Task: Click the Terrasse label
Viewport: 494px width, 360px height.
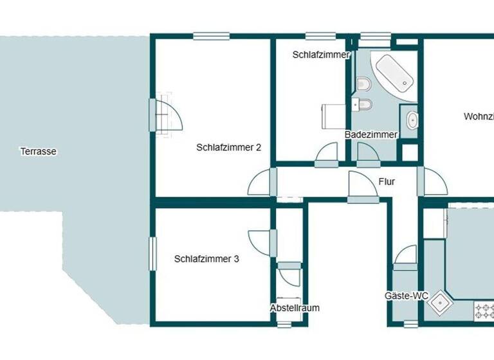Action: (39, 152)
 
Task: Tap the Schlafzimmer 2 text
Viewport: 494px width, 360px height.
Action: (228, 147)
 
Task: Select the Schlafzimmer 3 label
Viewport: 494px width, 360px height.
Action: (206, 259)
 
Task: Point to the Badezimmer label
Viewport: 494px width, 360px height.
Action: (371, 134)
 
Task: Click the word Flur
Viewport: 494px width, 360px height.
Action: (387, 182)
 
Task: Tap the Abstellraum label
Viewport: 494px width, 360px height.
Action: (295, 308)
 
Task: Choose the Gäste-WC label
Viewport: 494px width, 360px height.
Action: (407, 296)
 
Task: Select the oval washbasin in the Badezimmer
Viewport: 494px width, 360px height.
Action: (412, 120)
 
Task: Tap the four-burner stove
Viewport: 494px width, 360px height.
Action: (484, 311)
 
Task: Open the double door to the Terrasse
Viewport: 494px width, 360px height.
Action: (165, 116)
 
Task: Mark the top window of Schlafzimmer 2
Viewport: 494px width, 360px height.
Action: (211, 37)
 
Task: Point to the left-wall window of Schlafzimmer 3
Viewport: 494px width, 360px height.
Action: (153, 253)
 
